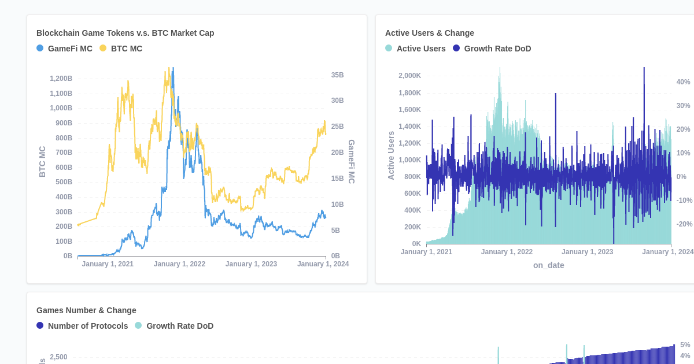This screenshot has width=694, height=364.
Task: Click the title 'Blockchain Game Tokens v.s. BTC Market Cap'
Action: point(125,33)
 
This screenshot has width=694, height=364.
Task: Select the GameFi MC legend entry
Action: point(64,49)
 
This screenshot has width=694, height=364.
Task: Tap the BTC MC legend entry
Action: point(121,49)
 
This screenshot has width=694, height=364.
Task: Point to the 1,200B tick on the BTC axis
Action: point(61,79)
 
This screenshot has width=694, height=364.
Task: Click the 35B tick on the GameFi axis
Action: point(337,75)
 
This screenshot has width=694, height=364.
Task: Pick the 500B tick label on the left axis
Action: point(64,182)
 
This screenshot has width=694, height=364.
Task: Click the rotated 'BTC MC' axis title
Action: point(42,161)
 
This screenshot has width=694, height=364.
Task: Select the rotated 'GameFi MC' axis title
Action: point(351,162)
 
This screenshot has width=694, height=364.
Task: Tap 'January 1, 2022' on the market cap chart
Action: point(179,264)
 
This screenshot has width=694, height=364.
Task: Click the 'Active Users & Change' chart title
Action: point(429,33)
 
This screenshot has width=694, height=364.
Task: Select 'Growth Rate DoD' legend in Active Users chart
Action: point(492,49)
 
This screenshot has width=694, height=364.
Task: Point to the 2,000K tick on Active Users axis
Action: point(409,76)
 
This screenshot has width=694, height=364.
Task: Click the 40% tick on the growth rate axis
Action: point(683,82)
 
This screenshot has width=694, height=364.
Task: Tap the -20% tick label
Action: point(684,224)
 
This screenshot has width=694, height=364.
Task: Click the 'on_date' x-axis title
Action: point(548,265)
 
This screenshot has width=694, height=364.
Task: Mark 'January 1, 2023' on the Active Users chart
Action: point(587,252)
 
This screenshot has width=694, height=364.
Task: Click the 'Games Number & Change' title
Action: point(86,310)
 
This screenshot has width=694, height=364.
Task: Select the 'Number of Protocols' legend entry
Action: point(82,326)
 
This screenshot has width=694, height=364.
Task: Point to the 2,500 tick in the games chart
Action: point(58,357)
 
